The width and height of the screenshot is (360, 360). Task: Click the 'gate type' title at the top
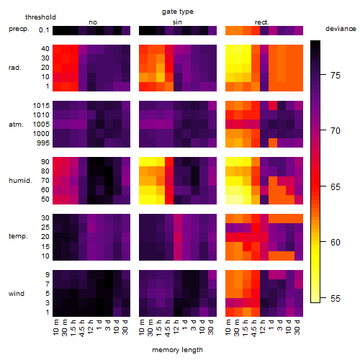[178, 12]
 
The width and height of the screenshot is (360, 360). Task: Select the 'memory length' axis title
[177, 350]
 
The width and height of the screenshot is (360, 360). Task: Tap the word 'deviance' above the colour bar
[341, 29]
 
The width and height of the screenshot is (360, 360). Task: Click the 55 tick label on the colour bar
[336, 298]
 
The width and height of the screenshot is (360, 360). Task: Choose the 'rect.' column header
[261, 22]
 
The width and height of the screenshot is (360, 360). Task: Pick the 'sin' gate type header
[177, 22]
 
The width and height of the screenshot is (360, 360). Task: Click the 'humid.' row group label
[20, 181]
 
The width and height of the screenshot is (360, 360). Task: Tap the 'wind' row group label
[17, 294]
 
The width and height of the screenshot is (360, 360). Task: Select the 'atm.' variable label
[16, 125]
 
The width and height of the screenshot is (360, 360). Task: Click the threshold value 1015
[41, 105]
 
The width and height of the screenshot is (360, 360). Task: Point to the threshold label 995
[43, 143]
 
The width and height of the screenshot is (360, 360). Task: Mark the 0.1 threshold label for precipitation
[44, 30]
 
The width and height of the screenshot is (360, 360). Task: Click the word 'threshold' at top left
[40, 17]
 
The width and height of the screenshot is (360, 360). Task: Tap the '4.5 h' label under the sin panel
[168, 328]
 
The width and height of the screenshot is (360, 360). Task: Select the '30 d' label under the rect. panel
[297, 328]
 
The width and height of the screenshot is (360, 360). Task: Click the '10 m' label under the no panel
[55, 328]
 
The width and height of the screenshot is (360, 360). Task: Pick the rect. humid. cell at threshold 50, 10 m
[230, 199]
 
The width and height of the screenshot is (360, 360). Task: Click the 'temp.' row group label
[18, 236]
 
